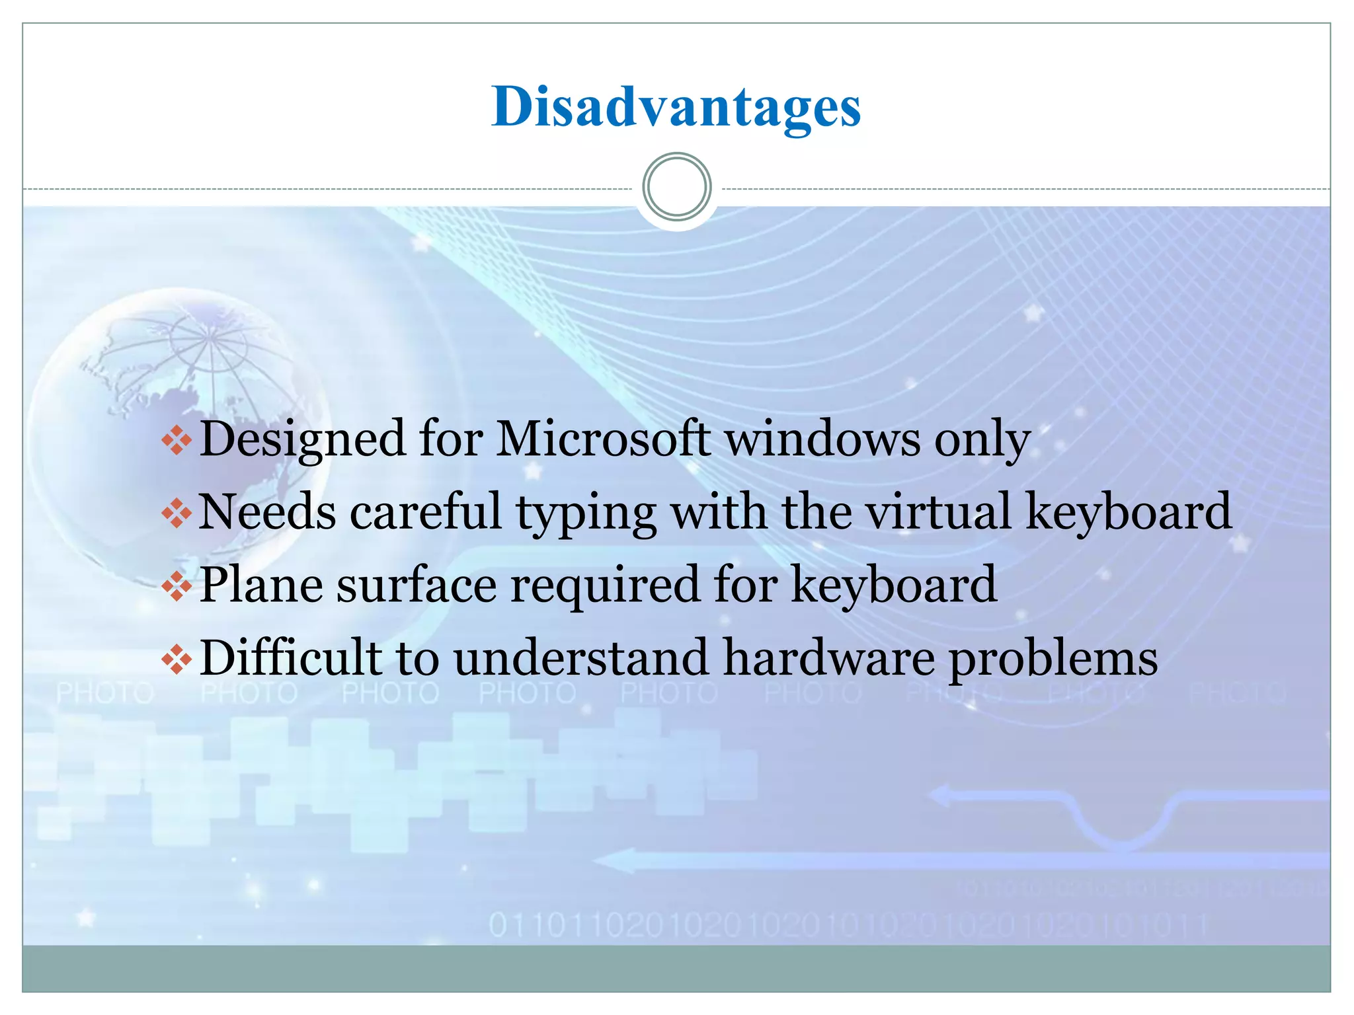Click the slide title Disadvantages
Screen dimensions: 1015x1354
(676, 107)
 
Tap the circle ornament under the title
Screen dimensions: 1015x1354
(676, 187)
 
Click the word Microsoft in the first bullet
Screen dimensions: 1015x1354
(603, 439)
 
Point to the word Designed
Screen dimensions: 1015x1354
(302, 440)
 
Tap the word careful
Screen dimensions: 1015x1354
(426, 511)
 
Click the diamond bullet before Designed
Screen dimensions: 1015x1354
(177, 440)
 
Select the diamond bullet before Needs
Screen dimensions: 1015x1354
(177, 513)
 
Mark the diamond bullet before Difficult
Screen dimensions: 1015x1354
(177, 659)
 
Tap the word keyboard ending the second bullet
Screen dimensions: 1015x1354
(1129, 511)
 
